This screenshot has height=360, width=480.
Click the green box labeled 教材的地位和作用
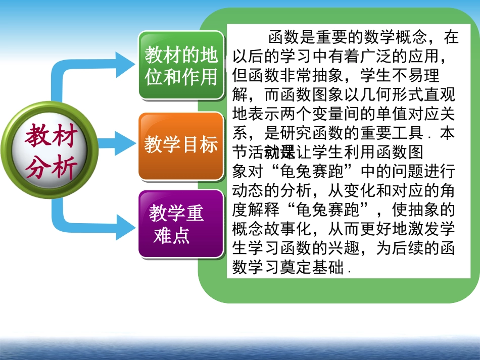click(181, 65)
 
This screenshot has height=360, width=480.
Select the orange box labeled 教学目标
click(181, 145)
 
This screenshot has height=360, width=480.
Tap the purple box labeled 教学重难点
click(181, 224)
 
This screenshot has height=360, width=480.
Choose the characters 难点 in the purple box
click(171, 235)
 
